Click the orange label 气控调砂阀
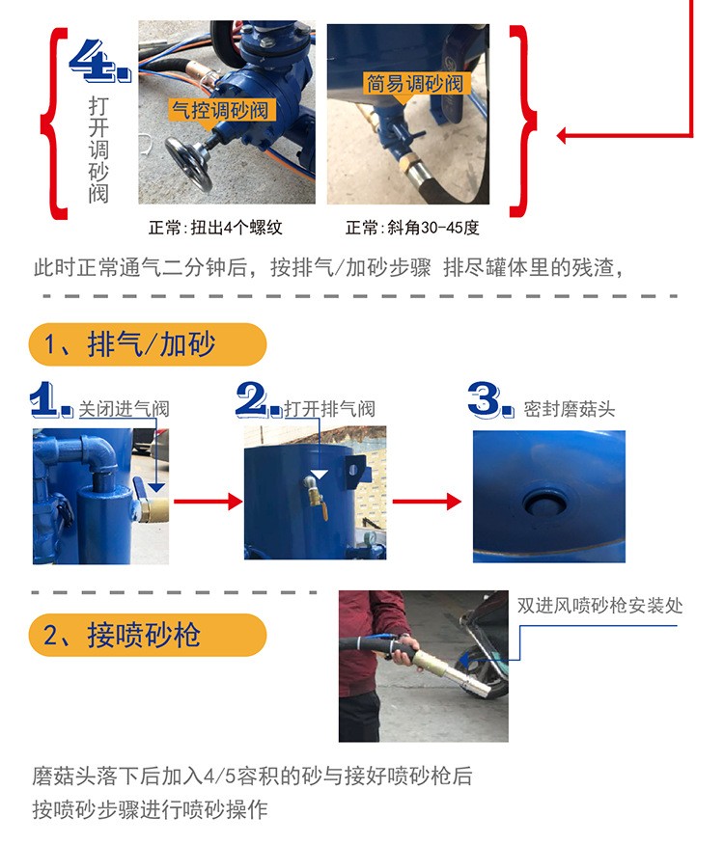220,110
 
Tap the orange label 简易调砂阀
415,83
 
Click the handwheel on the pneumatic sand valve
188,164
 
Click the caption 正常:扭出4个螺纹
215,228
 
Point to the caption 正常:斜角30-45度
412,228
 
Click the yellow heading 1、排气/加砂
147,344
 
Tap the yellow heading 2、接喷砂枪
147,635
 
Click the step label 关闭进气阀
124,409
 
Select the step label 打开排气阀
330,409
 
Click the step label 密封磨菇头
570,409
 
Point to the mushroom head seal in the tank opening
544,504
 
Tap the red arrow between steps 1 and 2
208,502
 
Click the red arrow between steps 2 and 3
427,502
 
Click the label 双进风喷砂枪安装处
600,606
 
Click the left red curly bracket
54,123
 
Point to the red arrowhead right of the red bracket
561,135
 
